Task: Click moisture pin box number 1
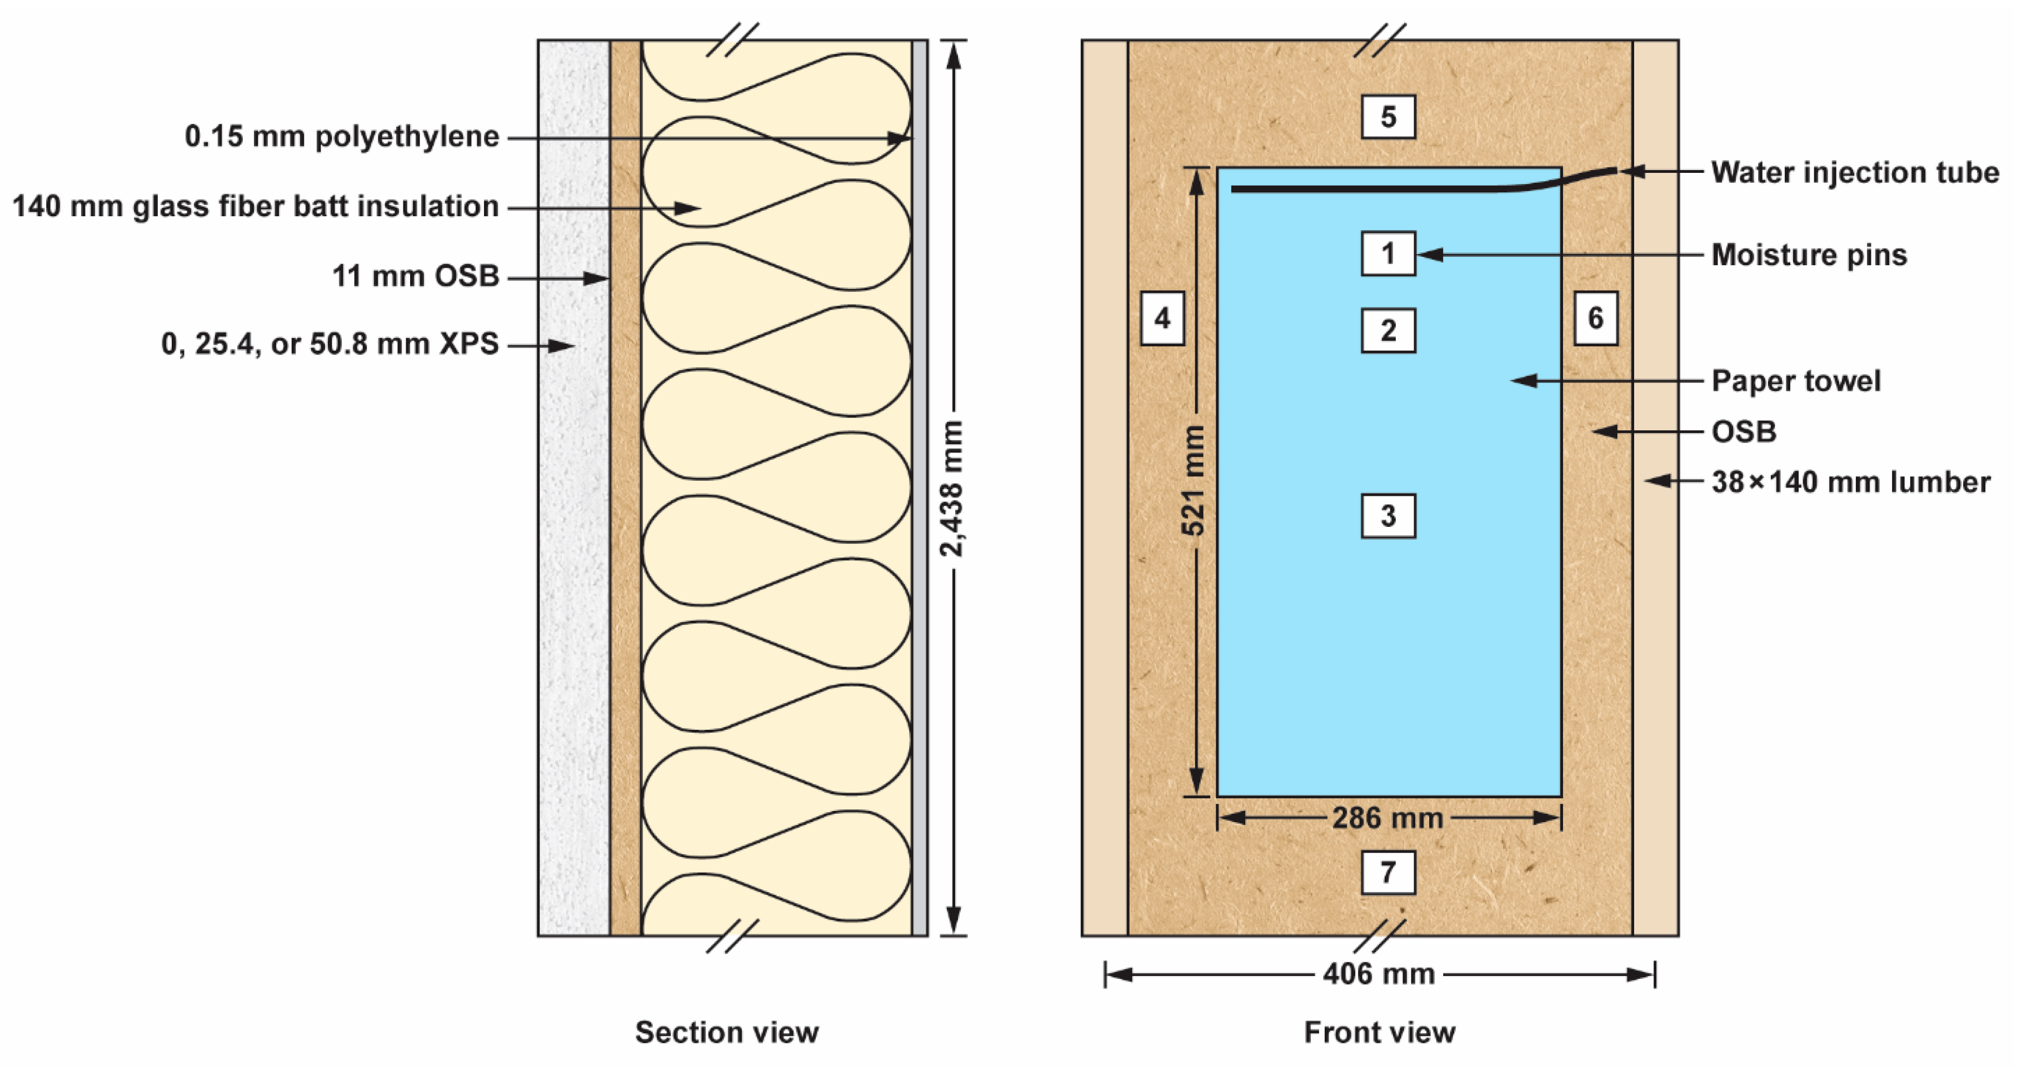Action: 1388,254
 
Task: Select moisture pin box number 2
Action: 1388,331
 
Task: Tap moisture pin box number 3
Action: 1388,516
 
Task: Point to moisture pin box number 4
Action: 1162,318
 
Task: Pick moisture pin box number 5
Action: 1388,117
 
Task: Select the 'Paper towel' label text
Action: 1796,381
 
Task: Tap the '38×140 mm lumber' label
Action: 1850,482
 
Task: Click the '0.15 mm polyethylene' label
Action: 342,137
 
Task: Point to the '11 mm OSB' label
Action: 415,276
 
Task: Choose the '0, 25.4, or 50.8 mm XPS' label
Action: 329,344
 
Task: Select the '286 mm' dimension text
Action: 1388,818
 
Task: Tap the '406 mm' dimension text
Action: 1379,974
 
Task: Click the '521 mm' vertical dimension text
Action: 1194,480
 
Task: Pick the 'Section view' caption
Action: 727,1032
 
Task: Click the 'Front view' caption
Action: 1379,1032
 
